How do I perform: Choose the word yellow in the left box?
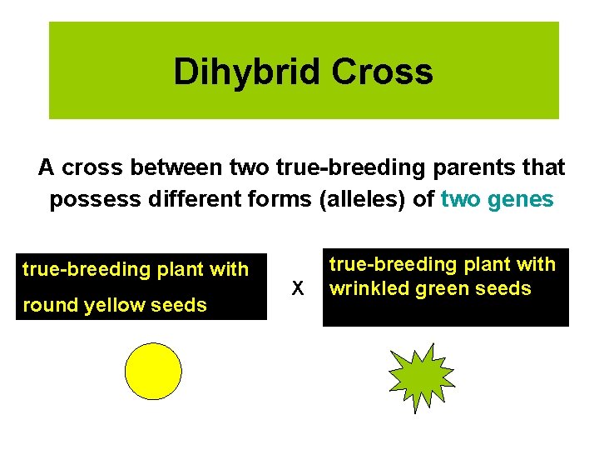click(x=114, y=305)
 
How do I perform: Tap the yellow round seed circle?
click(x=152, y=372)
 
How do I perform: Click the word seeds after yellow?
click(x=179, y=305)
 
